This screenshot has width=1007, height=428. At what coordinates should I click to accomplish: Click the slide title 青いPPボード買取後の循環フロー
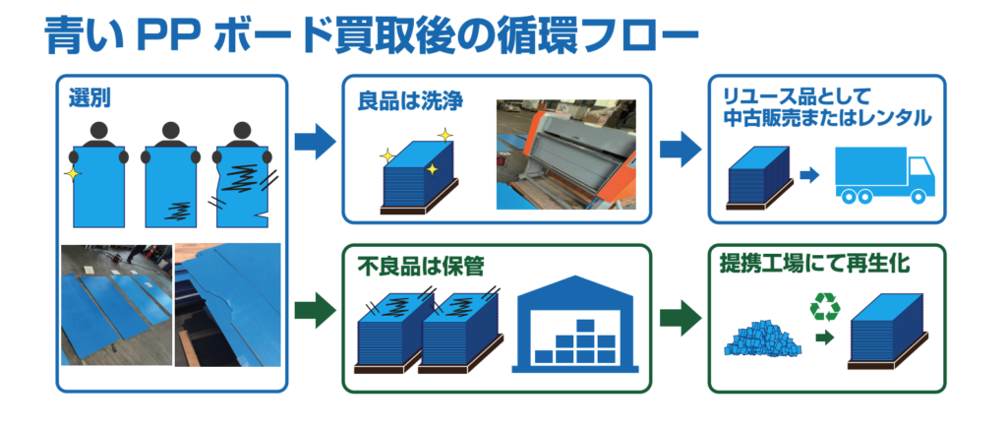click(371, 36)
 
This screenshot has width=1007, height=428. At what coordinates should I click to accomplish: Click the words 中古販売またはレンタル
click(827, 118)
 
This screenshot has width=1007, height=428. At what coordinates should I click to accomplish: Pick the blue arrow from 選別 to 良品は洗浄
click(315, 142)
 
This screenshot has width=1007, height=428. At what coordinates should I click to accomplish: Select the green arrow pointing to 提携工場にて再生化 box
click(681, 318)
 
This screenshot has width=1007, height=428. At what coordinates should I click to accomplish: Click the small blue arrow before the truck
click(810, 174)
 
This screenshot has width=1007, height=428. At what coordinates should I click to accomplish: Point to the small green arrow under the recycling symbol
click(825, 336)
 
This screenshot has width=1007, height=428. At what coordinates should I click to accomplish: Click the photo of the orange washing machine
click(565, 154)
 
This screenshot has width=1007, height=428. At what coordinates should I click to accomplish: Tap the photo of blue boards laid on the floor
click(116, 305)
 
